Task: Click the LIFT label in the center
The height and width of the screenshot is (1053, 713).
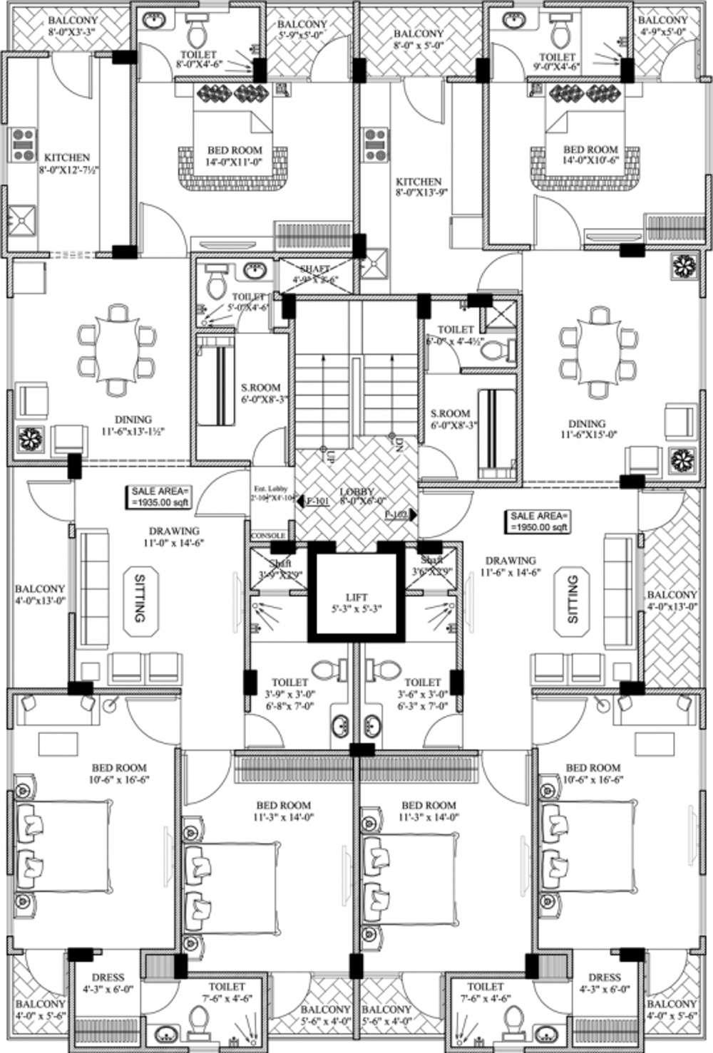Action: click(x=356, y=602)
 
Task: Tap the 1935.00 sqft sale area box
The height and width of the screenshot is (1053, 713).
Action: click(x=160, y=496)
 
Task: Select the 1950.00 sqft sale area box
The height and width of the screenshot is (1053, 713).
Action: click(x=539, y=521)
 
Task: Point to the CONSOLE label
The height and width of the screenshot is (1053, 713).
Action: click(x=269, y=535)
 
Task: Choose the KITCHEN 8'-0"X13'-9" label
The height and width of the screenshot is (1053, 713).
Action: click(x=419, y=187)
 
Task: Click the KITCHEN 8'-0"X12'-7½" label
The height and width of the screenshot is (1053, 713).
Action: click(x=67, y=163)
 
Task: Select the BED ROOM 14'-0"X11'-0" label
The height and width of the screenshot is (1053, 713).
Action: click(x=235, y=156)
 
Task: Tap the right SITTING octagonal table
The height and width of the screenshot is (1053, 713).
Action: click(x=573, y=600)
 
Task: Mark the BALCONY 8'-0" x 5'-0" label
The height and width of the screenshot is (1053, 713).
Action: click(x=419, y=38)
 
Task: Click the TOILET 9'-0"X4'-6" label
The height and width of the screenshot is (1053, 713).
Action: click(x=557, y=61)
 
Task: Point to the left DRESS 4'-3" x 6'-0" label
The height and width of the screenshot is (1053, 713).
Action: click(x=108, y=983)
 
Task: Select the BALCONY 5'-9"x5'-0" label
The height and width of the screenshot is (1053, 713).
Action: click(x=302, y=29)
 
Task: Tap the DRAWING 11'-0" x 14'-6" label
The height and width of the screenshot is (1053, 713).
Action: click(x=174, y=536)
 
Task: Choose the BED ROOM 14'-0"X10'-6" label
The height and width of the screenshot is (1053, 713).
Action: click(x=590, y=155)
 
